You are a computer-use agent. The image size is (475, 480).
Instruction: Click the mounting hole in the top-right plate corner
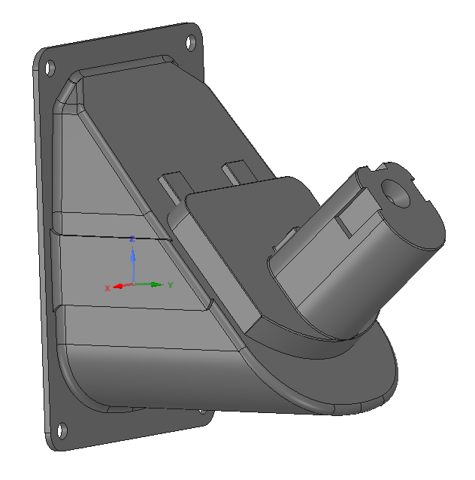pyautogui.click(x=191, y=43)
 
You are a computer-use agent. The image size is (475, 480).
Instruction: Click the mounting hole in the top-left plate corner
pyautogui.click(x=50, y=68)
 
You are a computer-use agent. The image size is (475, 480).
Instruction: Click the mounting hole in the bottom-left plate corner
pyautogui.click(x=62, y=430)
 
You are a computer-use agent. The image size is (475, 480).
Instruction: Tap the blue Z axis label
pyautogui.click(x=132, y=238)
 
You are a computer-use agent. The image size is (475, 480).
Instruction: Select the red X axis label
pyautogui.click(x=107, y=288)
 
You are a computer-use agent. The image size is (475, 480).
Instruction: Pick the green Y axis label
pyautogui.click(x=171, y=285)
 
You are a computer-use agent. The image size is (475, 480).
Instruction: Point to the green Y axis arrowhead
pyautogui.click(x=158, y=284)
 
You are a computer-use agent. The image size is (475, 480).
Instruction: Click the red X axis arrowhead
pyautogui.click(x=118, y=286)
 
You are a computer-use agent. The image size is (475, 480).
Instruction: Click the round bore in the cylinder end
pyautogui.click(x=395, y=193)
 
